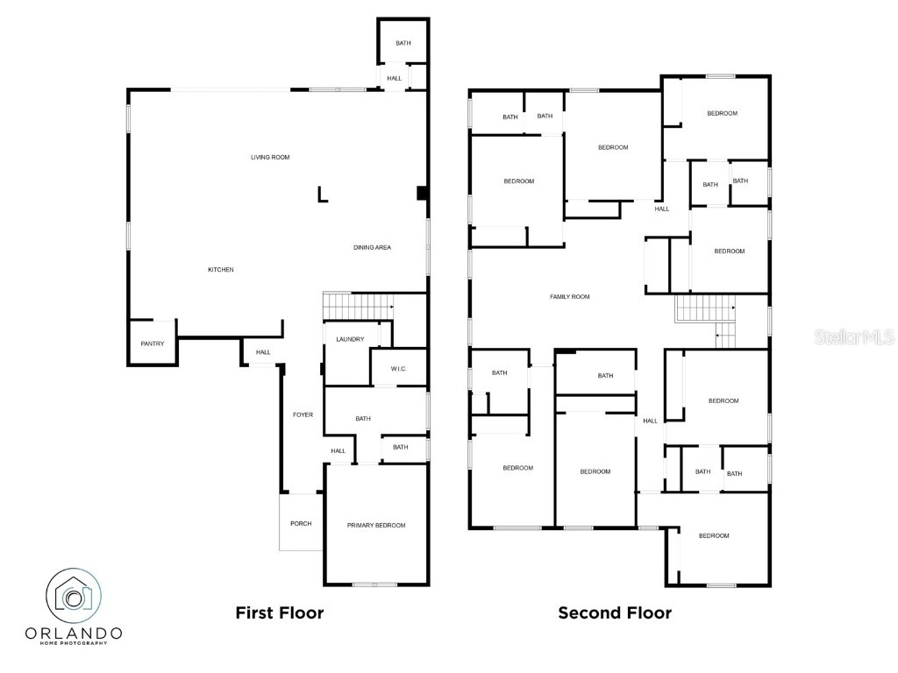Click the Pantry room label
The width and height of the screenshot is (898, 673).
153,344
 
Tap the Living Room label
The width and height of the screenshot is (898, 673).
270,158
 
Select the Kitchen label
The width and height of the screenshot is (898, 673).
220,270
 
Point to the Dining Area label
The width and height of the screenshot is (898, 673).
372,248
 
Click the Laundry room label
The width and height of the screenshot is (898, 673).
350,339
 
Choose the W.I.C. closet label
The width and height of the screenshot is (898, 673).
399,369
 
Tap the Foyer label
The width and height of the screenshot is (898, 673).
303,414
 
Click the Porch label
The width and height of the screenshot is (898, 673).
301,524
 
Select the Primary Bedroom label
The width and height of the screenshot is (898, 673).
376,526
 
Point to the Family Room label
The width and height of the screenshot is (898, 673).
570,297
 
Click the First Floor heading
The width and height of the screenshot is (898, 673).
280,613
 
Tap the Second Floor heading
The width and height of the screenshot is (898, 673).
615,613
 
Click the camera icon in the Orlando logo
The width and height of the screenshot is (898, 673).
74,596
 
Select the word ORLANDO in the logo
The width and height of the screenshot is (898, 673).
74,634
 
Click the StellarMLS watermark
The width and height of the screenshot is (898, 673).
855,336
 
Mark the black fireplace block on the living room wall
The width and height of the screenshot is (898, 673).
422,194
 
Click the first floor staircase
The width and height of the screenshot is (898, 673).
359,306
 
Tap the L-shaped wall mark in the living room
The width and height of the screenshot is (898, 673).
323,195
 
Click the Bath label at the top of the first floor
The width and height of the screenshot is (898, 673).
403,43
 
